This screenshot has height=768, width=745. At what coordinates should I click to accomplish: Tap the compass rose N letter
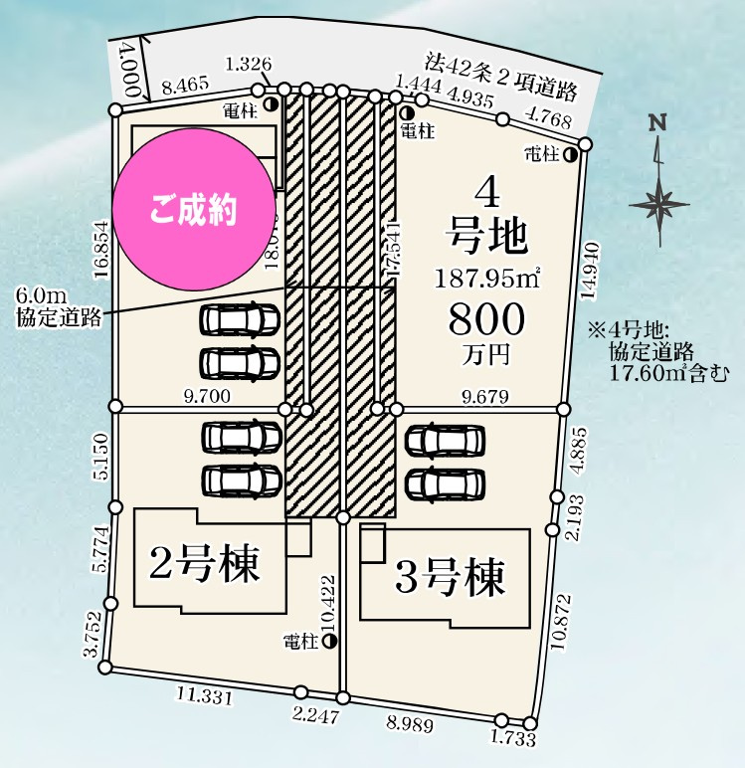pos(656,123)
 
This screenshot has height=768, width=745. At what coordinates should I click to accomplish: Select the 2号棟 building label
pos(204,564)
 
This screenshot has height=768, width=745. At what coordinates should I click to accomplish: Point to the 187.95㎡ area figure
pos(486,279)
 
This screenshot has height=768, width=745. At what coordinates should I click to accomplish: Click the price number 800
pos(486,319)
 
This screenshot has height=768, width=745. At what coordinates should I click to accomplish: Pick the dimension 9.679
pos(485,396)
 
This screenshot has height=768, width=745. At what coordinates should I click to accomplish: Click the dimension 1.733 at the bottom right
pos(512,739)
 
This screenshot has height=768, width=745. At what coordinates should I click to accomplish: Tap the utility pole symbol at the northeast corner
pos(571,154)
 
